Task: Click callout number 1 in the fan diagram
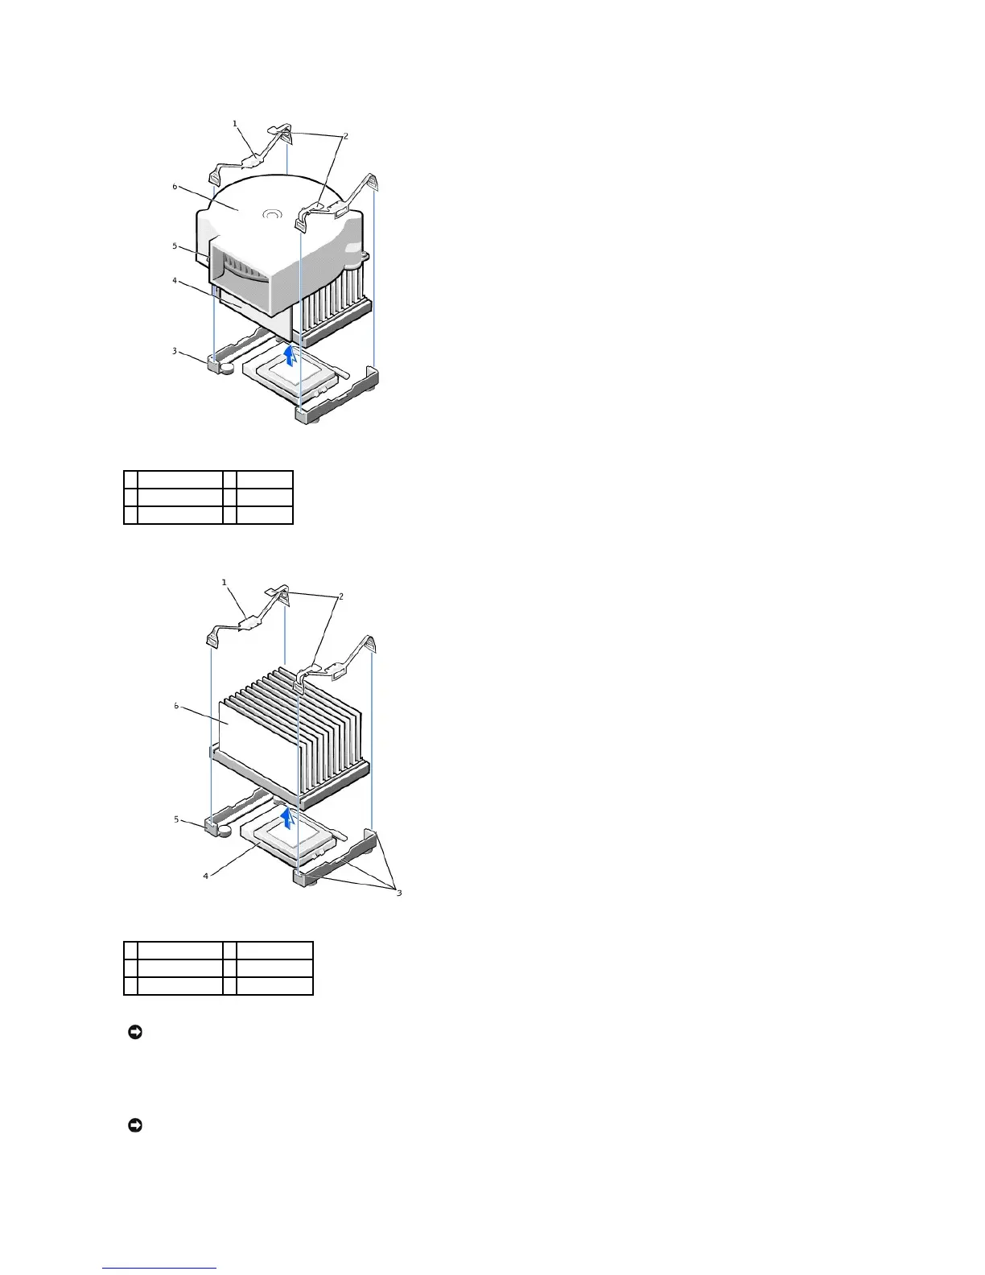click(x=235, y=124)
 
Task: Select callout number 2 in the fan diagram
click(x=345, y=136)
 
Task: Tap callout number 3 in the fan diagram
click(x=175, y=350)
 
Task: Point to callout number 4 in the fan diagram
click(x=175, y=281)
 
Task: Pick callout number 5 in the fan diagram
click(x=175, y=246)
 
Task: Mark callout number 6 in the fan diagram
click(x=175, y=187)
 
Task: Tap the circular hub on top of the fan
click(x=272, y=215)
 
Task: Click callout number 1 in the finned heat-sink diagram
click(x=225, y=582)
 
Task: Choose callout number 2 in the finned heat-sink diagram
click(x=341, y=596)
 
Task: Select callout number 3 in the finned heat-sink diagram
click(x=398, y=892)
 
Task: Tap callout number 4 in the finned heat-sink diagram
click(x=205, y=876)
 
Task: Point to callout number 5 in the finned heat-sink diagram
click(x=177, y=819)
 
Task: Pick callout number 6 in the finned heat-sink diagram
click(x=176, y=706)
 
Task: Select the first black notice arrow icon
click(x=134, y=1032)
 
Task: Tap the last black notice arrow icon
click(x=134, y=1125)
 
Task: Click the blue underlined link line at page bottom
click(x=159, y=1269)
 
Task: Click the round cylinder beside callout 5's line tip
click(x=226, y=829)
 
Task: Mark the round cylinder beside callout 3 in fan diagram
click(x=228, y=367)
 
